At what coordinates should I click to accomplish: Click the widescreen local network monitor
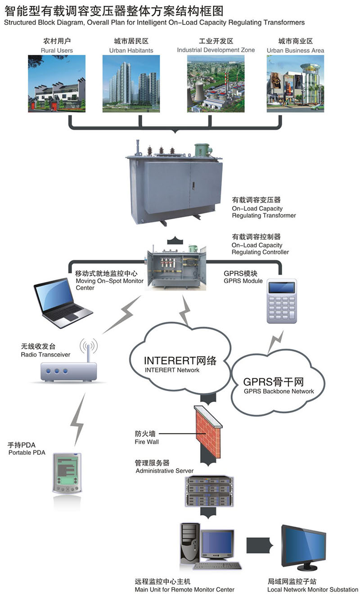point(303,547)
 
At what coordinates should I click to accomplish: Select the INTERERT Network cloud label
point(180,361)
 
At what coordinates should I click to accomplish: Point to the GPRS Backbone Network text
point(279,391)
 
